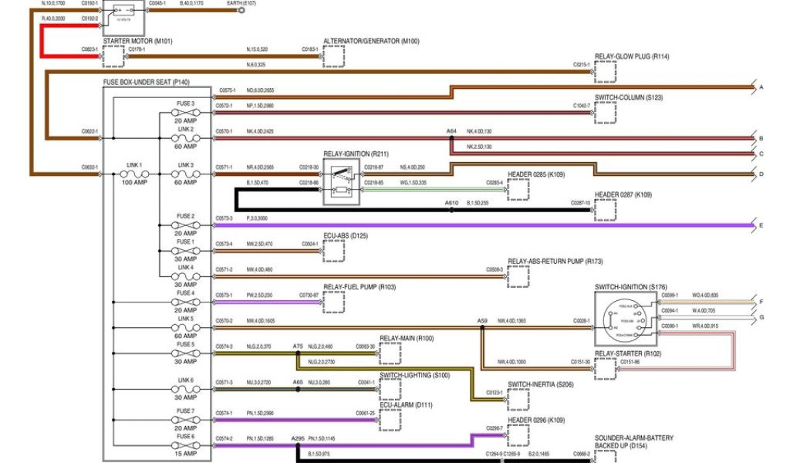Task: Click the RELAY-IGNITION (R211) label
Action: tap(356, 154)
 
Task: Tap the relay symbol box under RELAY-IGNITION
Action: tap(341, 183)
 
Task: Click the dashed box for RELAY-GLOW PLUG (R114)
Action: tap(606, 71)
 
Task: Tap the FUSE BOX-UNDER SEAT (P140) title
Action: tap(147, 81)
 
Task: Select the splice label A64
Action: tap(451, 131)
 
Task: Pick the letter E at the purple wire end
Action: tap(761, 226)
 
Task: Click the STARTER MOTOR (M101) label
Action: tap(137, 40)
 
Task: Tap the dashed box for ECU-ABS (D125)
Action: tap(334, 250)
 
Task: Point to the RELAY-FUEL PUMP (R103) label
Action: tap(359, 287)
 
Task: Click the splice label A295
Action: tap(298, 439)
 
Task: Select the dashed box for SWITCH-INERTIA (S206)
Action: tap(518, 398)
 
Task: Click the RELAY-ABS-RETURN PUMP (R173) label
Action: tap(555, 262)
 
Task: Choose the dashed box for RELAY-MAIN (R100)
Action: tap(390, 353)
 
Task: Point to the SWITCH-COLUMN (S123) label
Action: tap(629, 98)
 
